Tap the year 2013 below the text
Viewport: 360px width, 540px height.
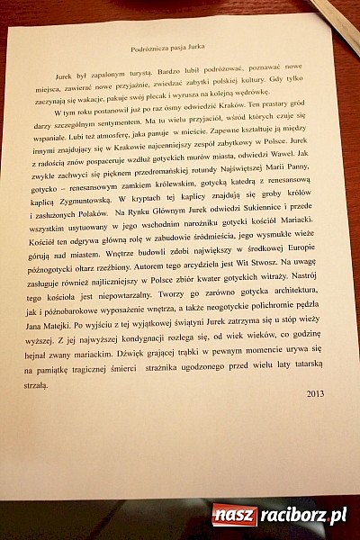click(x=315, y=393)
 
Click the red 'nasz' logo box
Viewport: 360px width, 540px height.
click(x=233, y=516)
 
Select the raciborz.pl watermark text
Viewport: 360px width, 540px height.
click(x=303, y=516)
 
